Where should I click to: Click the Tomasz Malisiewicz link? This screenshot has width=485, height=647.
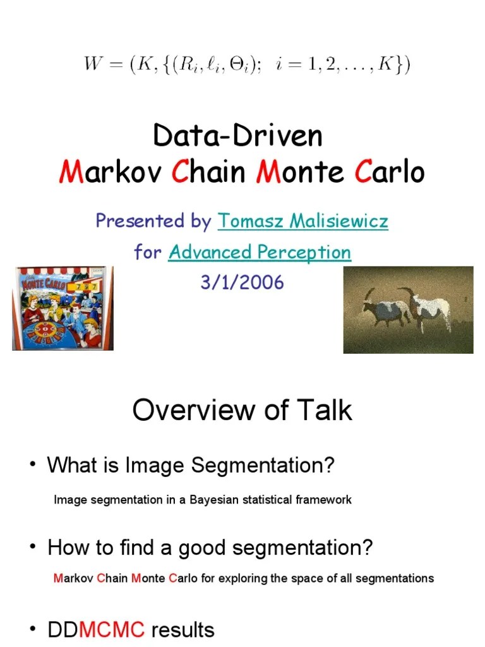coord(302,222)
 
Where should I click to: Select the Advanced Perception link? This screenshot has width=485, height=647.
coord(260,253)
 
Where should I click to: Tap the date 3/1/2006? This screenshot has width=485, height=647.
coord(242,282)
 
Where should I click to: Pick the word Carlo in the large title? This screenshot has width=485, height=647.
coord(390,172)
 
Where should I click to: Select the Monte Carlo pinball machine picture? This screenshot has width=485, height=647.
coord(63,308)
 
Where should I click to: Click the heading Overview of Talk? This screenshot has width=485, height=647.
coord(242,411)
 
